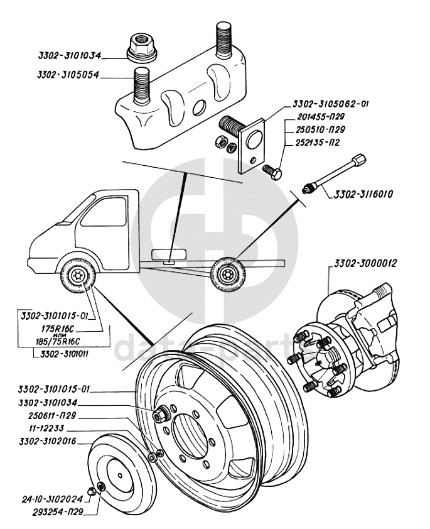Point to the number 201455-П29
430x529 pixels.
click(x=321, y=117)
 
